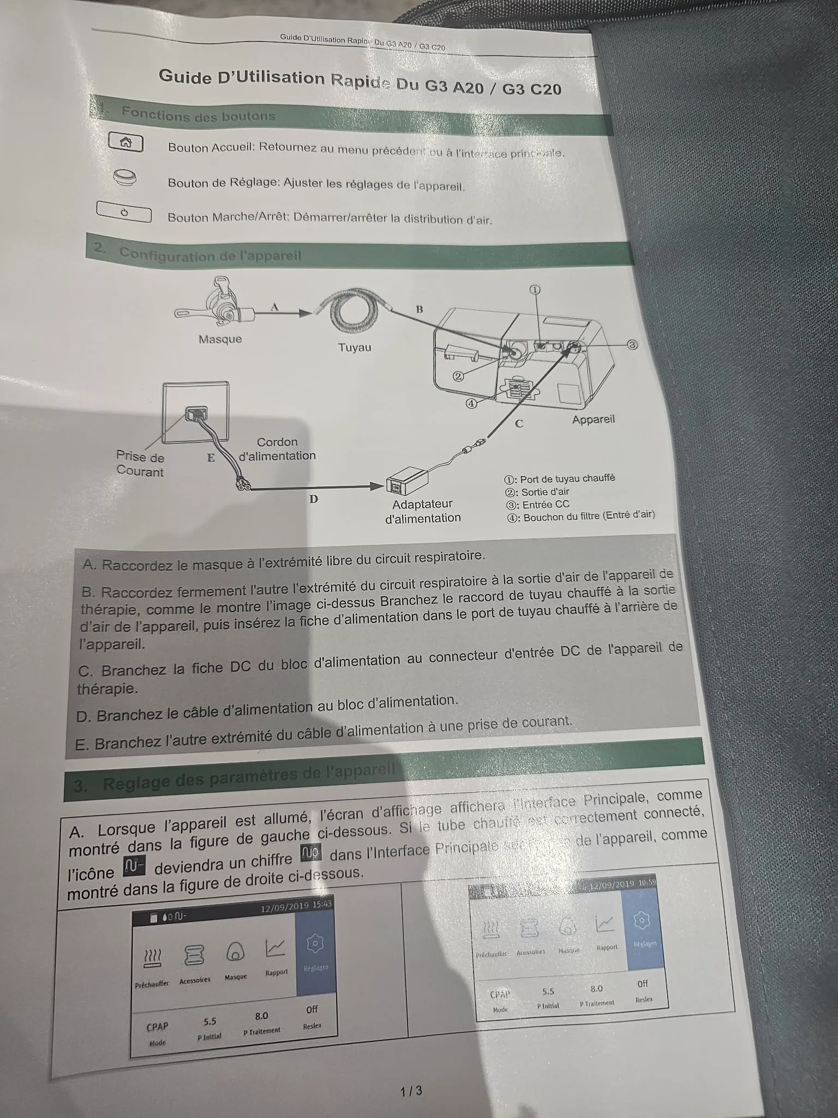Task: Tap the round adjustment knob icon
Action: [124, 177]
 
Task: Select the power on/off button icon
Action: [124, 212]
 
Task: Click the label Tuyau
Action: [355, 347]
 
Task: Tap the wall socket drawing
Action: [196, 412]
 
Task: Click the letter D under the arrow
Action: [314, 499]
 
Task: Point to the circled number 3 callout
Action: [632, 345]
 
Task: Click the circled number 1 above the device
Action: [535, 290]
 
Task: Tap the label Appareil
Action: [593, 420]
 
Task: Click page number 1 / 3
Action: [411, 1091]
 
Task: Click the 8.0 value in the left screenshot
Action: [261, 1016]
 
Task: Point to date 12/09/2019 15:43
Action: [296, 907]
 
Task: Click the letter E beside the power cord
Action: [211, 457]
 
